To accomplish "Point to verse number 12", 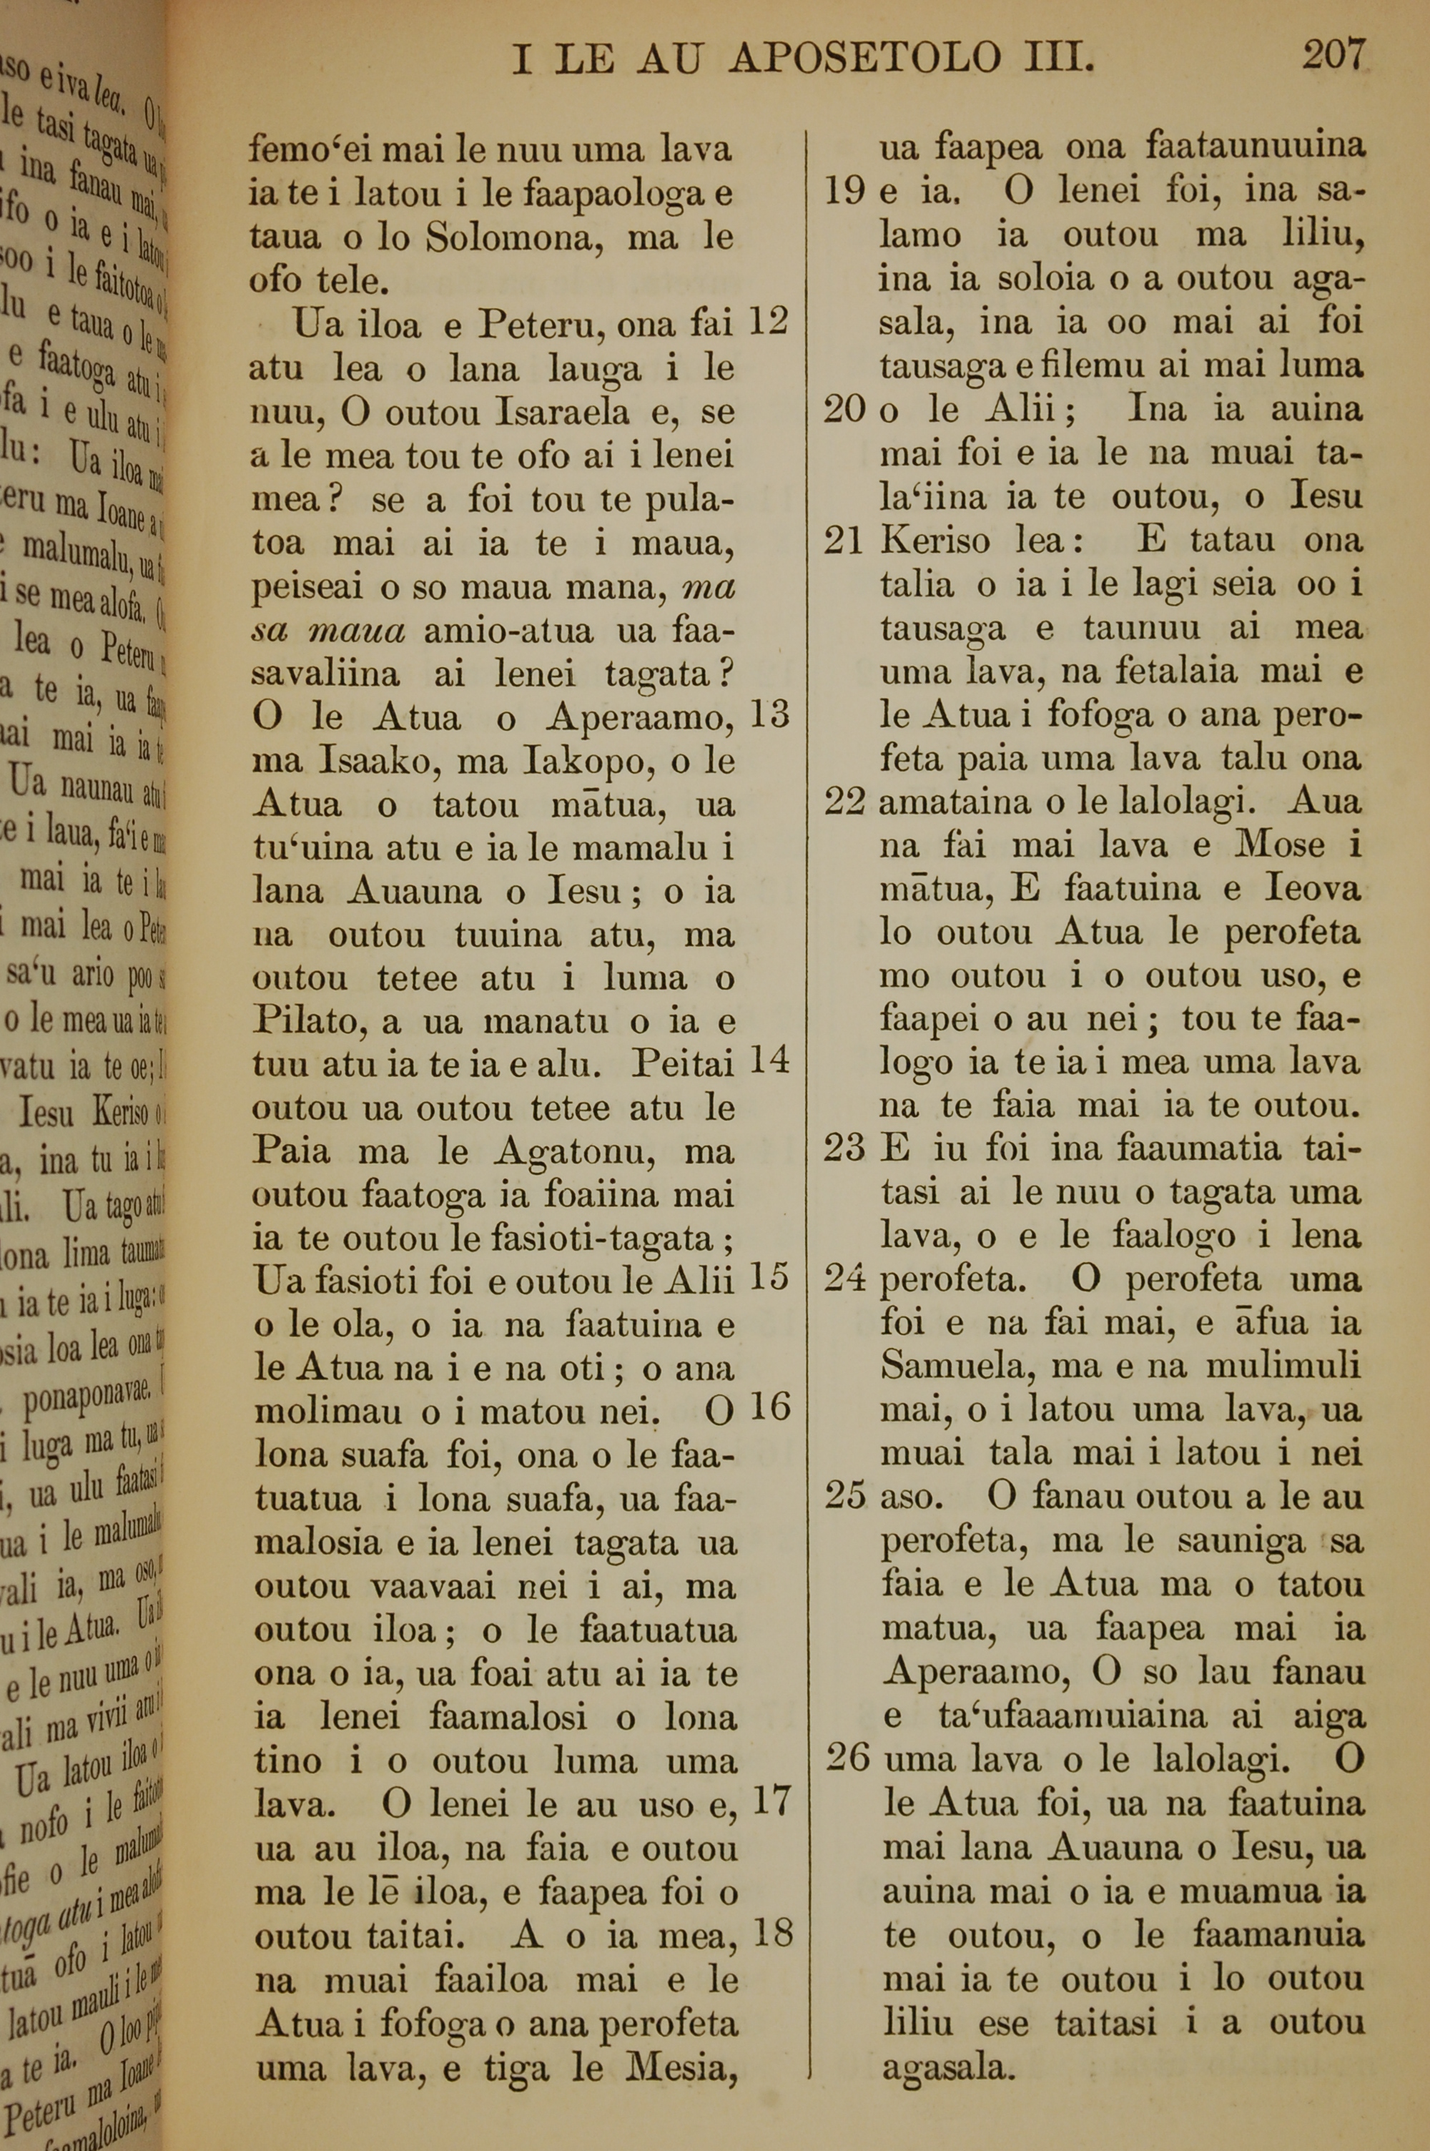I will [768, 321].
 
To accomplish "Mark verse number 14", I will [768, 1060].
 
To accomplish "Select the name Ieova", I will [1313, 889].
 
